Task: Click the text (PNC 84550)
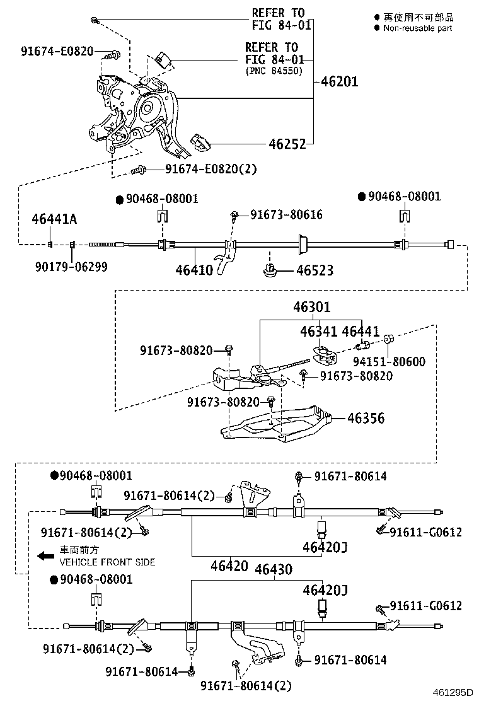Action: click(274, 71)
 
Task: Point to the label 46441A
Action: click(54, 219)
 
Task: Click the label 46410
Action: click(194, 270)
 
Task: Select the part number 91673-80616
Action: click(286, 215)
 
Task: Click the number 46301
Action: click(311, 308)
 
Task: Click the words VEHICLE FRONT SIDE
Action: click(107, 562)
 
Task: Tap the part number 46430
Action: click(273, 570)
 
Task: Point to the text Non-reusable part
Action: click(417, 28)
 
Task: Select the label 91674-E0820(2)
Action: click(211, 169)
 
